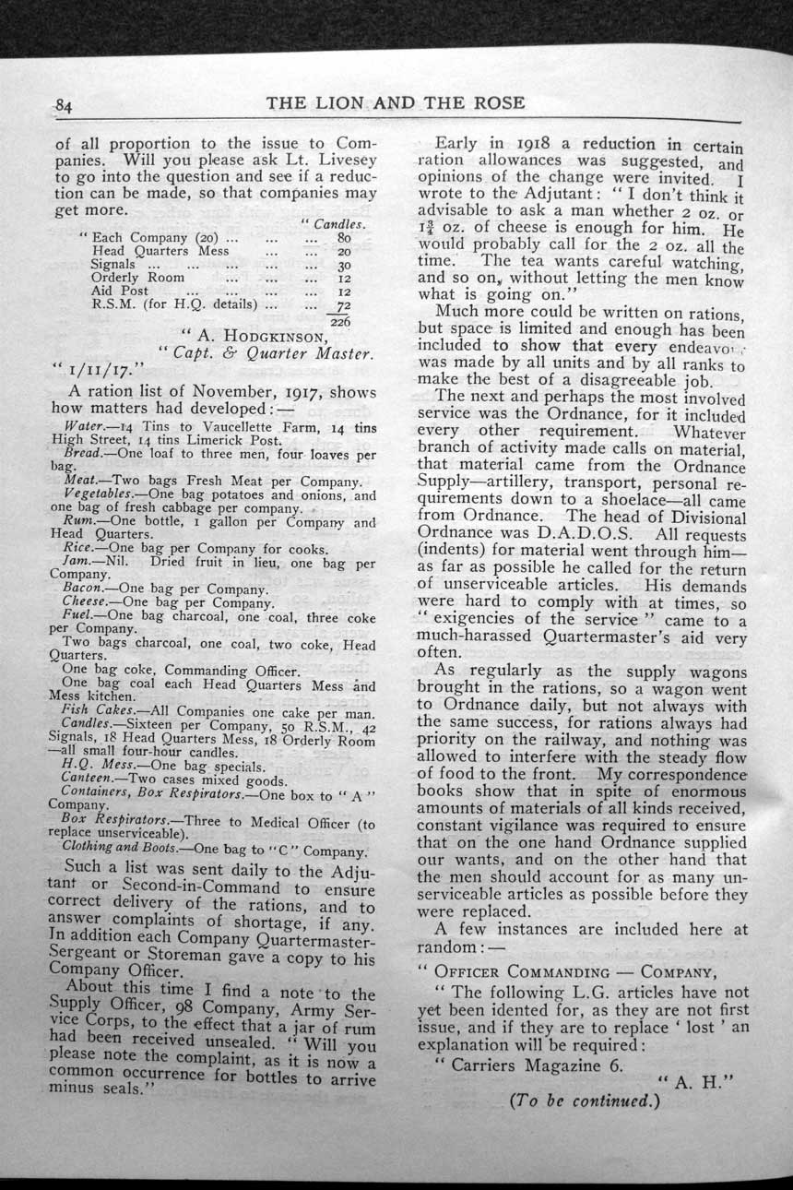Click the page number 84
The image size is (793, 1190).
64,106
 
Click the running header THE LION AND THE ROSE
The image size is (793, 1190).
396,103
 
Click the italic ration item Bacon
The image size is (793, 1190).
81,587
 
